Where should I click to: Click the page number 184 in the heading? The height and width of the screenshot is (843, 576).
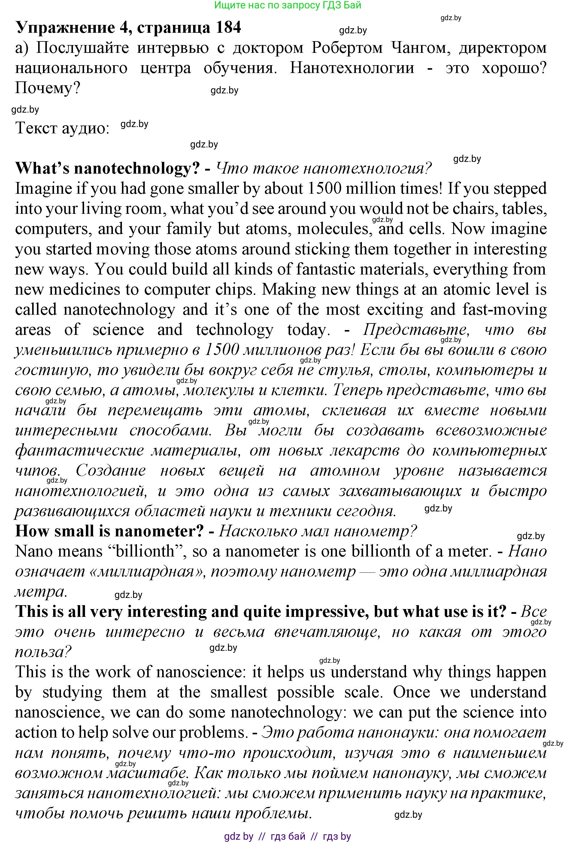225,28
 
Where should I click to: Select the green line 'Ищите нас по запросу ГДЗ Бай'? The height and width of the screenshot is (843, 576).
288,5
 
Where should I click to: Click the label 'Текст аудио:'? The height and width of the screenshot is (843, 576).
62,128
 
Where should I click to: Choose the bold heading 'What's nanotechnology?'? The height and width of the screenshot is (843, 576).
108,168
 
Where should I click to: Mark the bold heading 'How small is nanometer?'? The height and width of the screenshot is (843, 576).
109,531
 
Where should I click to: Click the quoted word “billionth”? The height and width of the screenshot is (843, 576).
144,551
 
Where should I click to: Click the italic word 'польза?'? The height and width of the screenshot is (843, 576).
43,652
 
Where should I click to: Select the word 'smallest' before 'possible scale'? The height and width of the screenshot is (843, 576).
239,692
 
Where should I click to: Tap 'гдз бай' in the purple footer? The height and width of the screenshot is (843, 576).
288,836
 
